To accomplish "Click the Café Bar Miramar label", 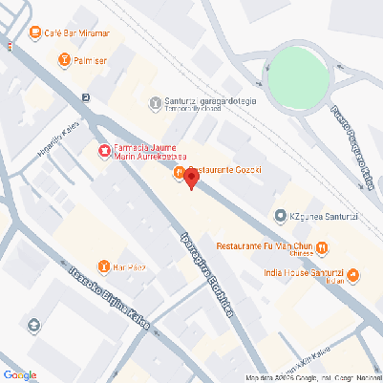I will point(76,33).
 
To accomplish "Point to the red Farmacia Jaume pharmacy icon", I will point(105,150).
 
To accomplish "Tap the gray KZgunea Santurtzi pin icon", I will point(280,215).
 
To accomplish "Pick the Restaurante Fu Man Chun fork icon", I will point(322,249).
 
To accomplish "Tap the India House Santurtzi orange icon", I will point(353,275).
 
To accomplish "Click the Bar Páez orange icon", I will point(104,265).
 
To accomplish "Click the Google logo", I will point(20,373).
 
